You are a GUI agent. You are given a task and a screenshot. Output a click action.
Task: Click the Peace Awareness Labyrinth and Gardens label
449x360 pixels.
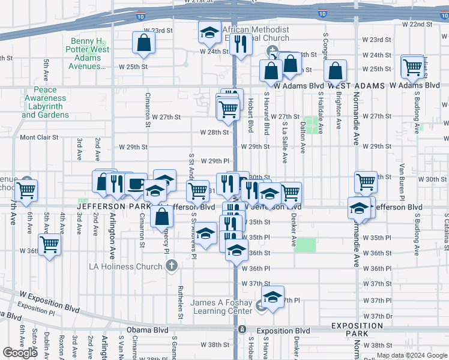tap(46, 103)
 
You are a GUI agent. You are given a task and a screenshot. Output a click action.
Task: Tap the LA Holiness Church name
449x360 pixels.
tap(125, 266)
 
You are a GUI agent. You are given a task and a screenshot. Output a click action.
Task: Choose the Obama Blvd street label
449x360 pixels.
tap(143, 331)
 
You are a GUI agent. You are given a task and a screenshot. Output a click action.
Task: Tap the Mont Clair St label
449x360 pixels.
tap(39, 137)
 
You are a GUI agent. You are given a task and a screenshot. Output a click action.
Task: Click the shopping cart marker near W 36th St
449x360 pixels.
tap(49, 244)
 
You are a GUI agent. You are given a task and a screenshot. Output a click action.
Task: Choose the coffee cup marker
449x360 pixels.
tap(135, 184)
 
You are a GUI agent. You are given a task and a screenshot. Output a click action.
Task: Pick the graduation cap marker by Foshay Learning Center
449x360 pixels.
tap(273, 297)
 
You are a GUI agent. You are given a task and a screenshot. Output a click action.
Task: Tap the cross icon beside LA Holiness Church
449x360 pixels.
tap(172, 265)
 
